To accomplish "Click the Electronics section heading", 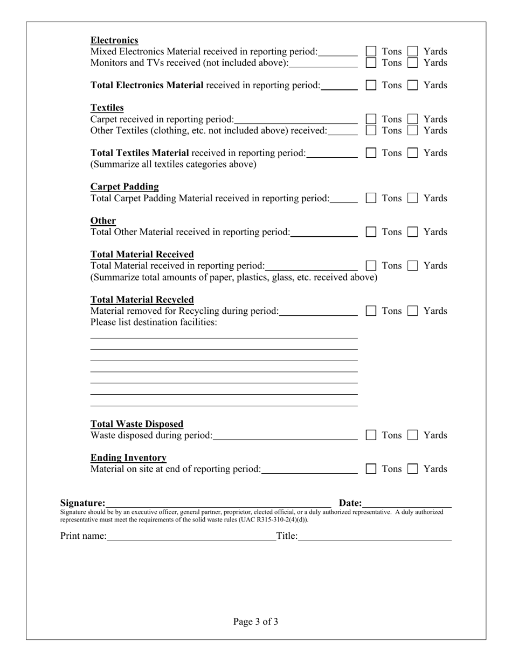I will pyautogui.click(x=114, y=40).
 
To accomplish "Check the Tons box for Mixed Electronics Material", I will pyautogui.click(x=371, y=51).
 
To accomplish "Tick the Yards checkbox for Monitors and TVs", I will pyautogui.click(x=412, y=62).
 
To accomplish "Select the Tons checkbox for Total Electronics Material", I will pyautogui.click(x=371, y=85).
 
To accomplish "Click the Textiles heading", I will pyautogui.click(x=107, y=108).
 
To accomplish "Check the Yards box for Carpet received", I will pyautogui.click(x=412, y=119).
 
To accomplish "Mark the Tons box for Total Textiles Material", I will pyautogui.click(x=371, y=153).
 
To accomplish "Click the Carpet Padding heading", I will pyautogui.click(x=124, y=187).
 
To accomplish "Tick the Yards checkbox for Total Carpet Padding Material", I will pyautogui.click(x=412, y=198).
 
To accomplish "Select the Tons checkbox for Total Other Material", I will pyautogui.click(x=371, y=232).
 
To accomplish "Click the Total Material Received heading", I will pyautogui.click(x=142, y=254).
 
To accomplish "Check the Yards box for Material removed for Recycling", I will pyautogui.click(x=412, y=311).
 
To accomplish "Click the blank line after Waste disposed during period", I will pyautogui.click(x=285, y=435).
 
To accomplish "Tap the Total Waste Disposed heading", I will pyautogui.click(x=137, y=424).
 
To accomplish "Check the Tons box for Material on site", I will pyautogui.click(x=371, y=469).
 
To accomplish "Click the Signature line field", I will pyautogui.click(x=218, y=503).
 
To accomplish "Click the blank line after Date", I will pyautogui.click(x=407, y=503).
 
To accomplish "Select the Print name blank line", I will pyautogui.click(x=191, y=536).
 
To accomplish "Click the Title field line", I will pyautogui.click(x=375, y=536).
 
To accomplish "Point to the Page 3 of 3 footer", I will pyautogui.click(x=256, y=622).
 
